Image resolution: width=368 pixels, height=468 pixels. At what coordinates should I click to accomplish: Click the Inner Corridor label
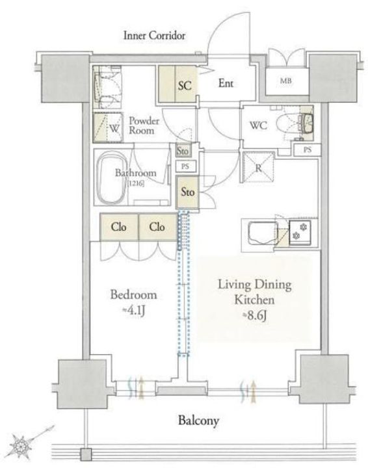pyautogui.click(x=154, y=36)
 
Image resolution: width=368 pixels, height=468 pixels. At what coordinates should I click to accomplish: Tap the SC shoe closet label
pyautogui.click(x=185, y=86)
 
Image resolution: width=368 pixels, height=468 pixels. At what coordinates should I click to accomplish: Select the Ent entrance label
pyautogui.click(x=226, y=83)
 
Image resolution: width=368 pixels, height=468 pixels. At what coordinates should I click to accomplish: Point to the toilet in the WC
pyautogui.click(x=295, y=124)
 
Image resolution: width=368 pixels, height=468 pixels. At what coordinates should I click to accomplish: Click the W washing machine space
pyautogui.click(x=108, y=127)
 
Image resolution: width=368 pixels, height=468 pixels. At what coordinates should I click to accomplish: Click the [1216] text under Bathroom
pyautogui.click(x=136, y=183)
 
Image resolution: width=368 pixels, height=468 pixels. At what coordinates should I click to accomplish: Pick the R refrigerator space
pyautogui.click(x=258, y=167)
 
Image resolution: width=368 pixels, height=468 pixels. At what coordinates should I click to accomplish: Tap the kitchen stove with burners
pyautogui.click(x=300, y=233)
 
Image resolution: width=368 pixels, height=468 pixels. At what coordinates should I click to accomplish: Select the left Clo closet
pyautogui.click(x=119, y=227)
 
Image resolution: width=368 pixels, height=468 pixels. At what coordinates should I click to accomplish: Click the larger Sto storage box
pyautogui.click(x=187, y=192)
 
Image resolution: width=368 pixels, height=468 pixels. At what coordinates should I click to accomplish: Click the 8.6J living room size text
pyautogui.click(x=254, y=316)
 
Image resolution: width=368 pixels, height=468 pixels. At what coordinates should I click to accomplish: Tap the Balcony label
pyautogui.click(x=198, y=421)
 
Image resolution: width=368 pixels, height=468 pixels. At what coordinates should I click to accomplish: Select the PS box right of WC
pyautogui.click(x=307, y=150)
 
